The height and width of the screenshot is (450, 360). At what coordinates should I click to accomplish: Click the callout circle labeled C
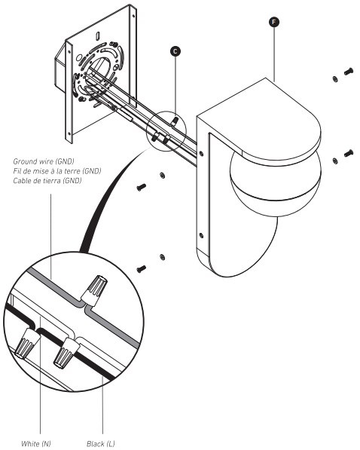coord(175,51)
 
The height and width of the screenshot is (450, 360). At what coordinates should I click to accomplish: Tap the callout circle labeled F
coord(274,20)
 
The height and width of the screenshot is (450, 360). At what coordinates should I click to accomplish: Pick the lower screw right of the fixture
coord(349,153)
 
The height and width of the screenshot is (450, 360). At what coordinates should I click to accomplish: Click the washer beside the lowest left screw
coord(163,259)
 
